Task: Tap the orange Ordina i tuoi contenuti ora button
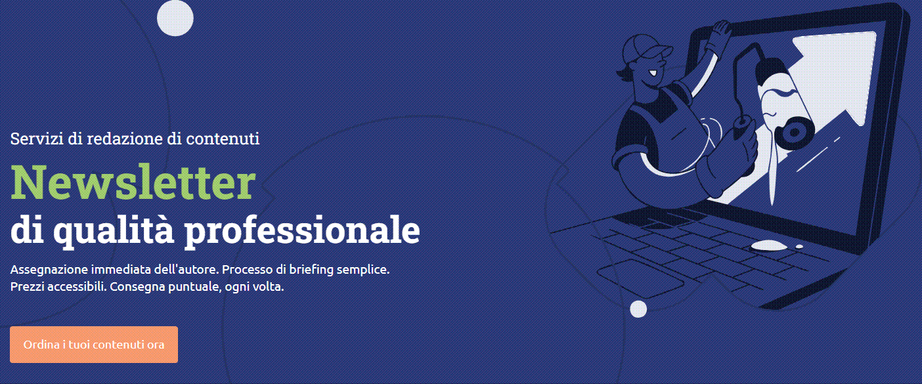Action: click(94, 345)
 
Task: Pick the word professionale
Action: click(302, 230)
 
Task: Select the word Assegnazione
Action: click(49, 270)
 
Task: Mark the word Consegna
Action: click(137, 288)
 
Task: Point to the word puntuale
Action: click(192, 288)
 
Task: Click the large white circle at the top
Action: click(175, 18)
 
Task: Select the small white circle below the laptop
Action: click(638, 309)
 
